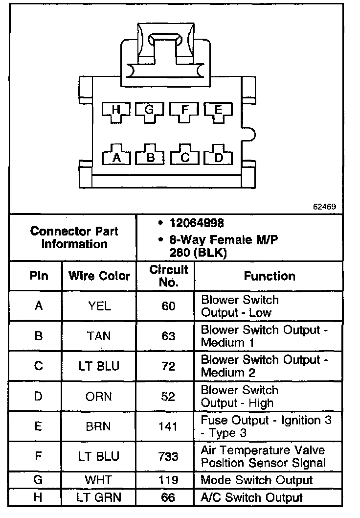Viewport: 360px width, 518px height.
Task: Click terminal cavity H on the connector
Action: coord(115,111)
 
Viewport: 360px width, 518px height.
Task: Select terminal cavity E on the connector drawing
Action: coord(218,111)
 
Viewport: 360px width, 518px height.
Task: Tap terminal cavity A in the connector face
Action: coord(116,157)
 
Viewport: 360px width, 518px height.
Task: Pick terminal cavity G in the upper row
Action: coord(150,111)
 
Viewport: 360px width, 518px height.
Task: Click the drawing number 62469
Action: coord(324,206)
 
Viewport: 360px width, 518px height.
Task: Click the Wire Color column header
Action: coord(99,276)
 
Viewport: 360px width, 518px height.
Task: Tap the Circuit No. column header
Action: coord(168,276)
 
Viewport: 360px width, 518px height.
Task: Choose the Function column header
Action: coord(270,276)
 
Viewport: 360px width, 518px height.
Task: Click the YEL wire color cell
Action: coord(99,306)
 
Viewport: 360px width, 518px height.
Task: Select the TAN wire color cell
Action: coord(99,336)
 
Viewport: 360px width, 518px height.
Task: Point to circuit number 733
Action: coord(168,456)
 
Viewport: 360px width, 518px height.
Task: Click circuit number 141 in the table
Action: coord(168,426)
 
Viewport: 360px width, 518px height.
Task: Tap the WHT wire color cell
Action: coord(99,480)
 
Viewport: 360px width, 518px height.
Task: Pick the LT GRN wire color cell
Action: coord(99,498)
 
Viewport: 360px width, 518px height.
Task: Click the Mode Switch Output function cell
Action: coord(257,480)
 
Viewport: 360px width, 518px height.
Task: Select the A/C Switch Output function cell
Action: coord(252,498)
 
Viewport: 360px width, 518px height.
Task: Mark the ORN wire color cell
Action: coord(99,396)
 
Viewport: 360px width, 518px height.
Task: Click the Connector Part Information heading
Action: coord(74,237)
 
